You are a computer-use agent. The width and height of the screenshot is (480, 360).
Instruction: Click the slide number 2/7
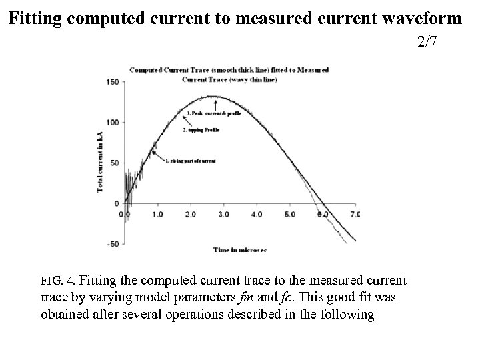coord(427,43)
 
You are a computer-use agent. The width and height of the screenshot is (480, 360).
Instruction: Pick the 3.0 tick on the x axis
coord(223,215)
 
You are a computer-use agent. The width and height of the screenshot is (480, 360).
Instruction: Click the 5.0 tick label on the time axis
coord(289,215)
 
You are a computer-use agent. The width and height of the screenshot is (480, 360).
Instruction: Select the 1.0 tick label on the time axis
coord(158,215)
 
